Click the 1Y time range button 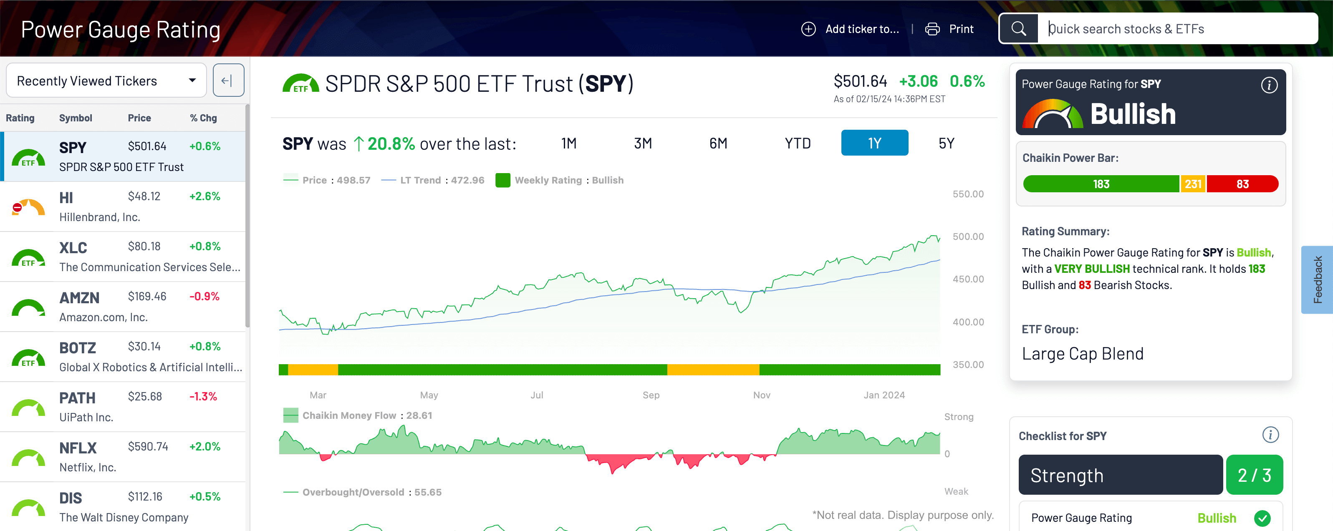point(874,143)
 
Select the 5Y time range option point(946,143)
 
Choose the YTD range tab point(798,143)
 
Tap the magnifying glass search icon point(1018,28)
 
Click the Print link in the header point(961,29)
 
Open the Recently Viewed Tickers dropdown point(106,81)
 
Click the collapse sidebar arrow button point(228,81)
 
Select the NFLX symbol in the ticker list point(78,448)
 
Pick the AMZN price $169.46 point(147,296)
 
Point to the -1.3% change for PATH point(203,397)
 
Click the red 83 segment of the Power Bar point(1242,184)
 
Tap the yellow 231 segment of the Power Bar point(1193,184)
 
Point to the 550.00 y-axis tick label point(968,194)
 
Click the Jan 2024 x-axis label point(884,395)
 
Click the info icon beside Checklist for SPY point(1270,435)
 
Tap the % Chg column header point(203,118)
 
